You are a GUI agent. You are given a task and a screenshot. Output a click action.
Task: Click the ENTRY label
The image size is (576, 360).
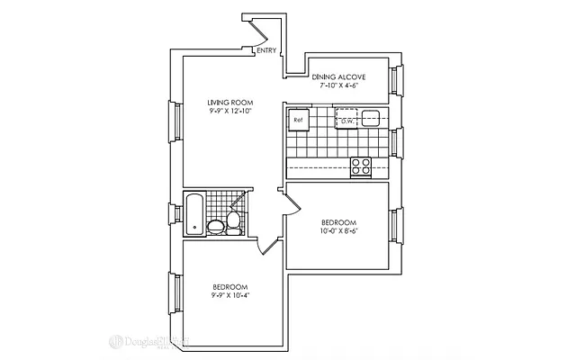pyautogui.click(x=266, y=50)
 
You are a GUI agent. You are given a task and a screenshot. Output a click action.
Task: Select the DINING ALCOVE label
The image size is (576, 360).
pyautogui.click(x=339, y=78)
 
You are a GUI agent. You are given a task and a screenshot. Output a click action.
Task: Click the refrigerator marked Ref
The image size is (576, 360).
pyautogui.click(x=299, y=119)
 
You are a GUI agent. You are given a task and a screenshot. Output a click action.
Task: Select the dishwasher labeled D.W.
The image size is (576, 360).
pyautogui.click(x=346, y=119)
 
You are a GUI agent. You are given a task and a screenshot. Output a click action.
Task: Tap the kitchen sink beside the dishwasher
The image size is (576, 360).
pyautogui.click(x=371, y=118)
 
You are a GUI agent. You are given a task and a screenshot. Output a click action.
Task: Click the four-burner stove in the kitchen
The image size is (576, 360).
pyautogui.click(x=362, y=166)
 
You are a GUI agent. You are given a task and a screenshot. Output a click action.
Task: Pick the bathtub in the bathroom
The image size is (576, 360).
pyautogui.click(x=193, y=214)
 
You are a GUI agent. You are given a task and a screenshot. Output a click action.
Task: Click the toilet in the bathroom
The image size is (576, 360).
pyautogui.click(x=234, y=221)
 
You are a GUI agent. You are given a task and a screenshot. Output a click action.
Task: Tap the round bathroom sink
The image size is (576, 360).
pyautogui.click(x=216, y=226)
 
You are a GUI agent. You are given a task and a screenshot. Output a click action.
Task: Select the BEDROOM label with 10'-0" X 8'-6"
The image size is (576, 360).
pyautogui.click(x=339, y=222)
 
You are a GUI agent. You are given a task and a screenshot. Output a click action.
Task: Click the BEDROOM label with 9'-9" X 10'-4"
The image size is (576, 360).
pyautogui.click(x=230, y=286)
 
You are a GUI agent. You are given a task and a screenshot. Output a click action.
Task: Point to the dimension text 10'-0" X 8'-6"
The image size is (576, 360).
pyautogui.click(x=339, y=232)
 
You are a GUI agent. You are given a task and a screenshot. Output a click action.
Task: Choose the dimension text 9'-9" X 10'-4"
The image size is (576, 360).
pyautogui.click(x=230, y=296)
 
